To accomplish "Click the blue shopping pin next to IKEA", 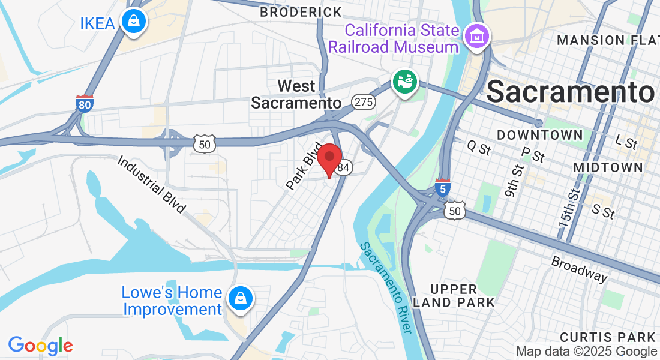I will [x=134, y=22].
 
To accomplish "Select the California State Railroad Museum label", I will [x=394, y=38].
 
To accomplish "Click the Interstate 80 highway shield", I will [x=85, y=104].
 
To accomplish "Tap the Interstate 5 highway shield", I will [x=443, y=188].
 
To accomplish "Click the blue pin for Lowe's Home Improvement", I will [x=240, y=297].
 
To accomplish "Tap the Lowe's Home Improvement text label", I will [x=172, y=301].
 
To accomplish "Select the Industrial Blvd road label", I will [x=151, y=185].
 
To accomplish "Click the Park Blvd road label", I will [x=300, y=167].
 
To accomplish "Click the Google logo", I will [x=40, y=346].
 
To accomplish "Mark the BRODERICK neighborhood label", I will [x=301, y=12].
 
